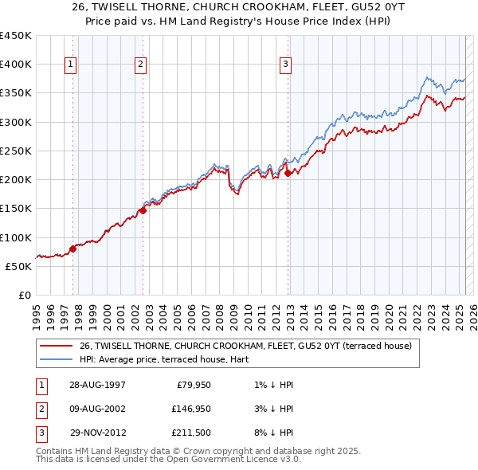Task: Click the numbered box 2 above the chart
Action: click(140, 65)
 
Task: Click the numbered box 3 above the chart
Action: click(285, 65)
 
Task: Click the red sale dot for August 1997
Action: click(72, 249)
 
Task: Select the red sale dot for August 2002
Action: click(143, 210)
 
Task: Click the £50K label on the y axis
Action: click(19, 266)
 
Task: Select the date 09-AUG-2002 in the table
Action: click(97, 409)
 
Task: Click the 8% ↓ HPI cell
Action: click(275, 433)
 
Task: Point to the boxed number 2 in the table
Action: click(39, 409)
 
